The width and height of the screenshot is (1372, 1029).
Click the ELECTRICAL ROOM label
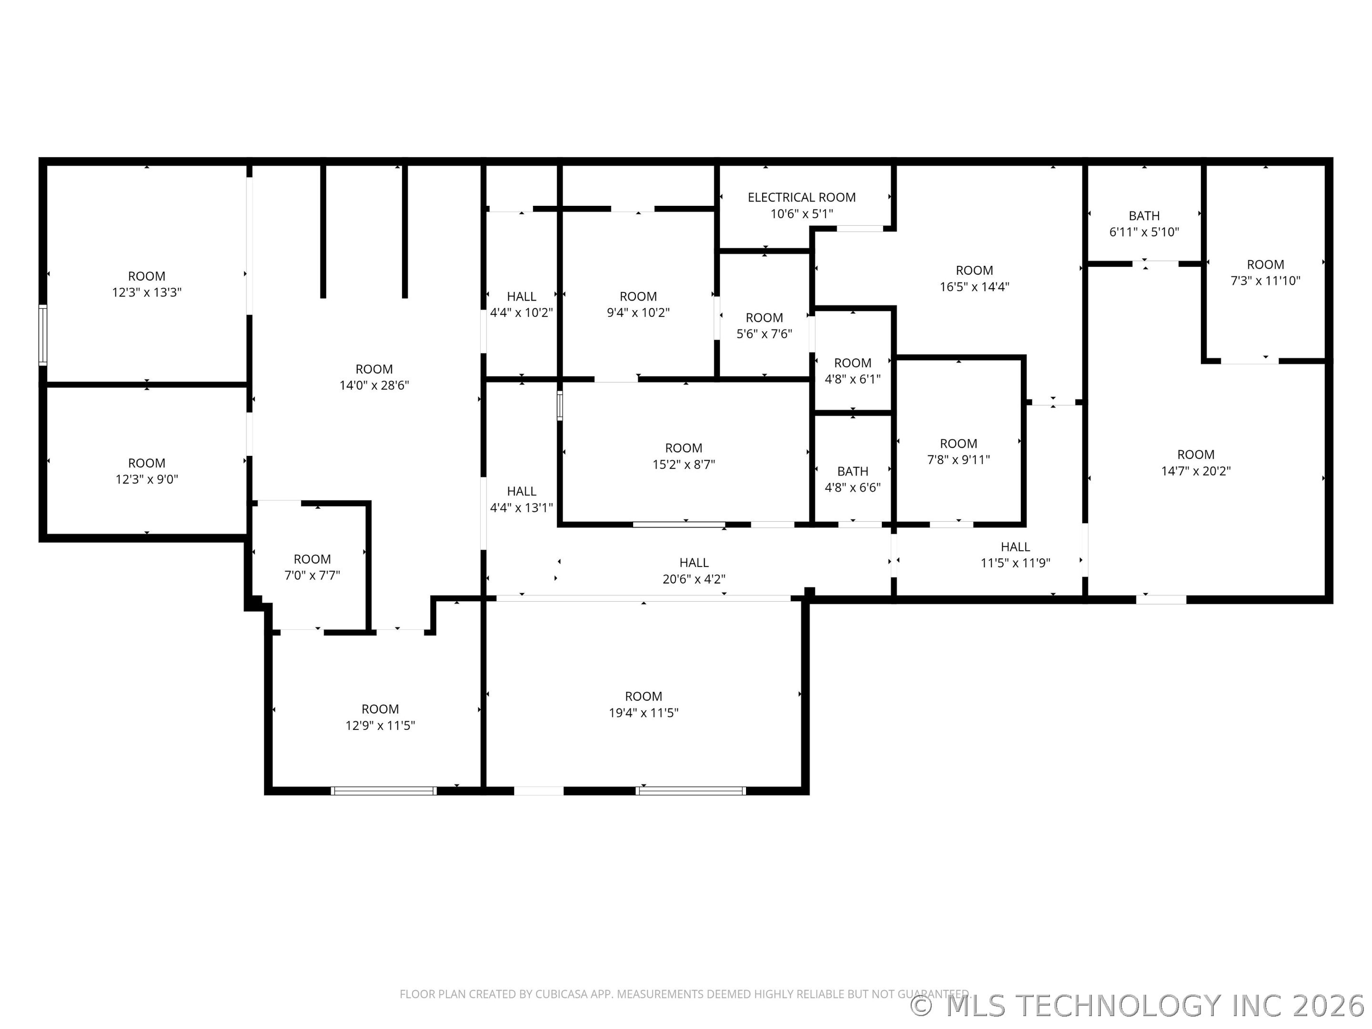click(801, 197)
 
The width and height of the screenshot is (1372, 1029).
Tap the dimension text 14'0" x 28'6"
click(374, 385)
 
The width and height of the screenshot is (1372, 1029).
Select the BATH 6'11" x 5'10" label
click(1144, 224)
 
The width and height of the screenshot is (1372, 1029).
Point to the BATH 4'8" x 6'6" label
click(852, 479)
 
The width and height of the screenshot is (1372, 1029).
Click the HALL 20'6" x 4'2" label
click(694, 571)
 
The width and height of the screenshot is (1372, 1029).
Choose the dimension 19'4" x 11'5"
click(643, 713)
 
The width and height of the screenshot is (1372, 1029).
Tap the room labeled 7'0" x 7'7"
click(312, 567)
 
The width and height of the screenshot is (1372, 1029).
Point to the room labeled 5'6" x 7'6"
click(764, 326)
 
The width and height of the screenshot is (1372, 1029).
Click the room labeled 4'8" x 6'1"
click(852, 371)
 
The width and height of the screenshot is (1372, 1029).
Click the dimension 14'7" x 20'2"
click(1195, 471)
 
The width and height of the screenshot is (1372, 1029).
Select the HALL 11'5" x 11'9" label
click(1015, 555)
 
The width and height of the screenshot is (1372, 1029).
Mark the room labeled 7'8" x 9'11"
click(958, 452)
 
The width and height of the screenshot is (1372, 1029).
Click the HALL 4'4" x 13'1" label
click(521, 499)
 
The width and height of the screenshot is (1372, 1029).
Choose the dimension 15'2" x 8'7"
click(684, 464)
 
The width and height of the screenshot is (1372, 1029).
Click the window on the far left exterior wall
click(43, 334)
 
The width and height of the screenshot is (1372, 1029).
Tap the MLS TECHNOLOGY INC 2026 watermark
click(1139, 1006)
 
